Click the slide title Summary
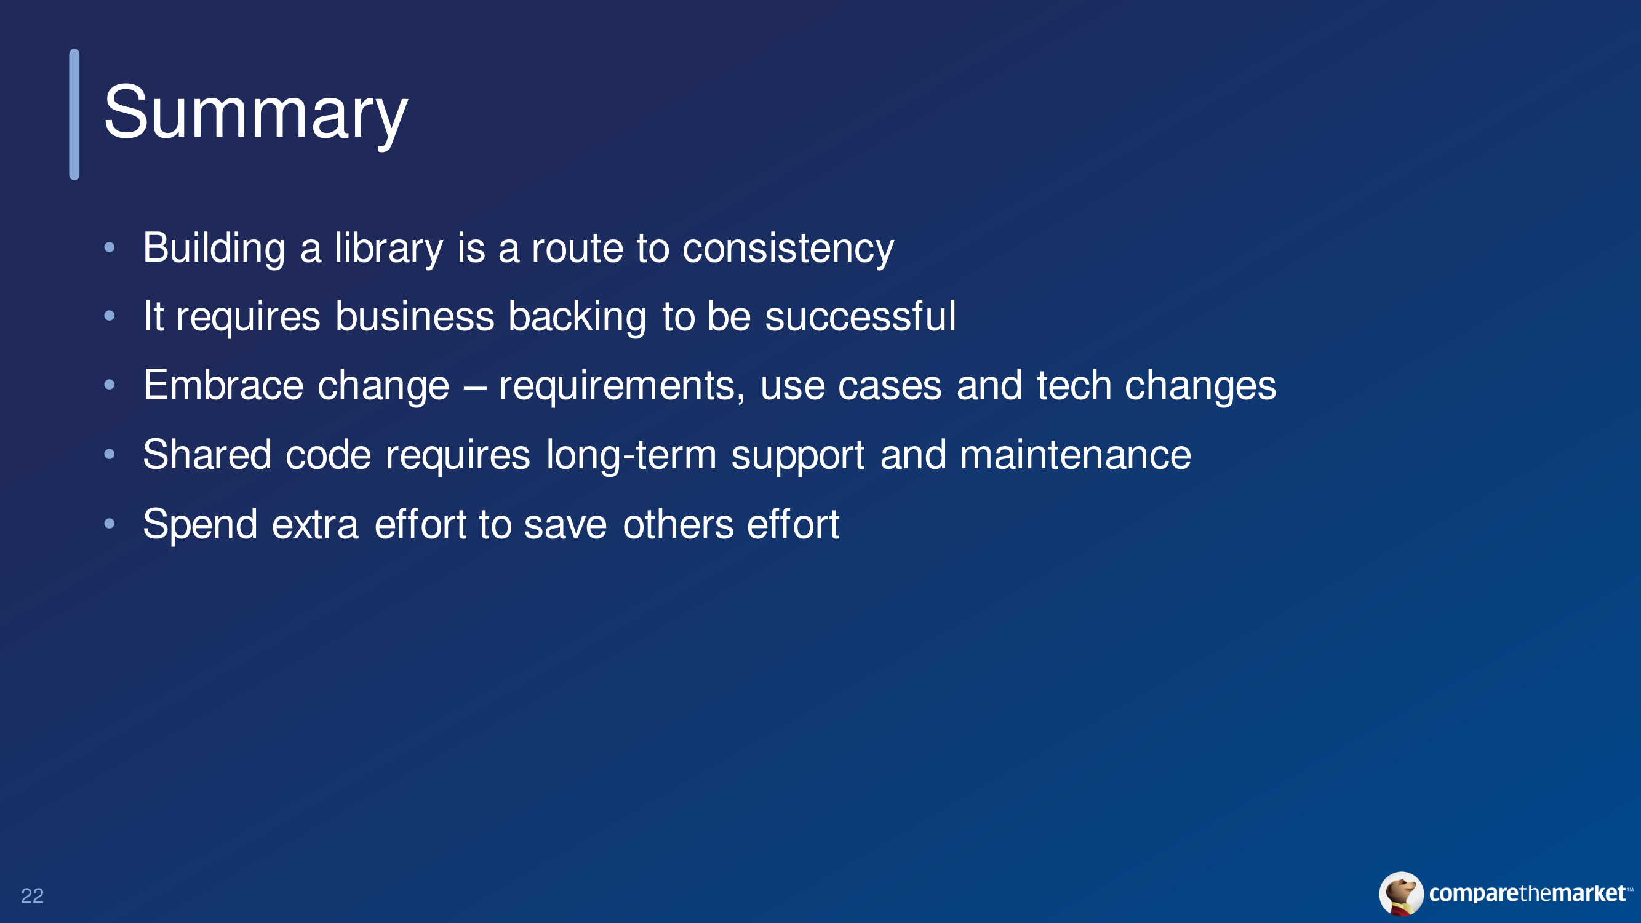(255, 114)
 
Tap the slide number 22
(33, 895)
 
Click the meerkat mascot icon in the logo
(1402, 893)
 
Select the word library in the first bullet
(389, 248)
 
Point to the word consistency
(788, 248)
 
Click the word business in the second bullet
(415, 316)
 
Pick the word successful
(860, 316)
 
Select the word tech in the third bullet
(1074, 385)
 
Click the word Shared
(207, 454)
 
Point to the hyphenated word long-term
(631, 455)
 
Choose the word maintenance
(1076, 454)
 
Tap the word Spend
(200, 524)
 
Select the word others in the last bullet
(679, 524)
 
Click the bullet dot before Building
(110, 247)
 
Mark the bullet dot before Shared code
(110, 454)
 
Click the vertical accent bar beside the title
(74, 114)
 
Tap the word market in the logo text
(1589, 893)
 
